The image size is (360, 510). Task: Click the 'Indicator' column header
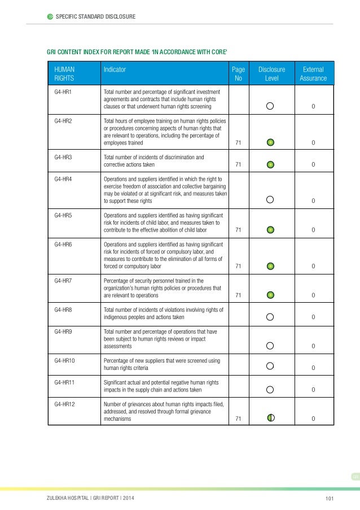[x=115, y=70]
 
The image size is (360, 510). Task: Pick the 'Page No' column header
[x=238, y=74]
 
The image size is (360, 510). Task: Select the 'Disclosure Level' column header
[x=271, y=74]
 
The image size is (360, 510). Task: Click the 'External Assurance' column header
[x=313, y=74]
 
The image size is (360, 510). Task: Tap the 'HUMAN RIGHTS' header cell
[x=64, y=74]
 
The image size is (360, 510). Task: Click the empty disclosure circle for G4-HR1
[x=270, y=106]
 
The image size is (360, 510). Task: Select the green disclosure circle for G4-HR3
[x=270, y=165]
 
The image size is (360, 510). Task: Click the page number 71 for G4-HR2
[x=238, y=143]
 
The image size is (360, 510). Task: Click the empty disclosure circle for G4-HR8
[x=270, y=317]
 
